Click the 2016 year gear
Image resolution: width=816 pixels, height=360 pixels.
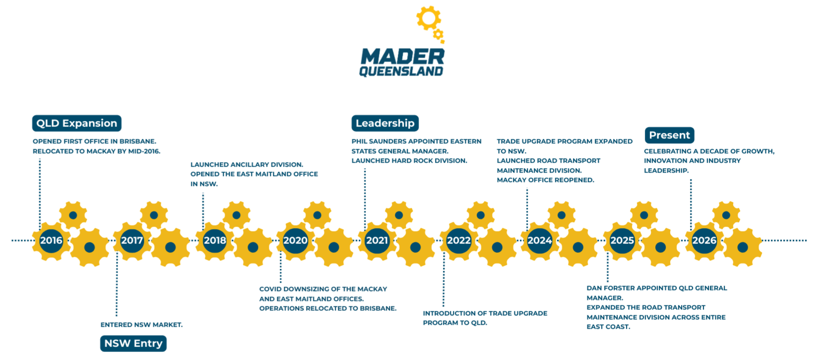[x=51, y=240]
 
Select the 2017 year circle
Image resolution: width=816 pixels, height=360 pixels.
[x=132, y=240]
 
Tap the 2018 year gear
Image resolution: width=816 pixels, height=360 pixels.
[x=215, y=240]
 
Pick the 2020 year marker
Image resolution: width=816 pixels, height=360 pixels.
[x=295, y=240]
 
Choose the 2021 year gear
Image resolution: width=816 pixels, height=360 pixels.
[x=377, y=240]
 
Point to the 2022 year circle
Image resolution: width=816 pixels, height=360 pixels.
[x=459, y=240]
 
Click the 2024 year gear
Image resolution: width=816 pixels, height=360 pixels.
[x=540, y=240]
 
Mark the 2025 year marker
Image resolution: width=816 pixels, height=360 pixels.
[x=622, y=240]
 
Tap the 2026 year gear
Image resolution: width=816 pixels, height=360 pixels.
[x=704, y=240]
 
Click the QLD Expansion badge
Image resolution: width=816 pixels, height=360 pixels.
[x=76, y=123]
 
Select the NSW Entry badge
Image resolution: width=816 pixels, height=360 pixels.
[x=133, y=343]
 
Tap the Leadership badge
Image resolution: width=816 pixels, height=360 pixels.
[x=385, y=123]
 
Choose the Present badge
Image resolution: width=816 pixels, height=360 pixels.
[x=669, y=135]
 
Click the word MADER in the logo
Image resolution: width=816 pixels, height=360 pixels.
[x=402, y=57]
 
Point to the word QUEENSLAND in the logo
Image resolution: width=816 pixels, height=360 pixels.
[x=401, y=71]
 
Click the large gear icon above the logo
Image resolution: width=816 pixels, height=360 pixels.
[x=428, y=18]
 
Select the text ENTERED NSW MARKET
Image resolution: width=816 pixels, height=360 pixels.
[x=141, y=325]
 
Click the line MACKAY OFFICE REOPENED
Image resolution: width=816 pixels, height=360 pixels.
[x=545, y=180]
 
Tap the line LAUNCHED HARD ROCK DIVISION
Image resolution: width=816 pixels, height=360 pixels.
[x=409, y=161]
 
